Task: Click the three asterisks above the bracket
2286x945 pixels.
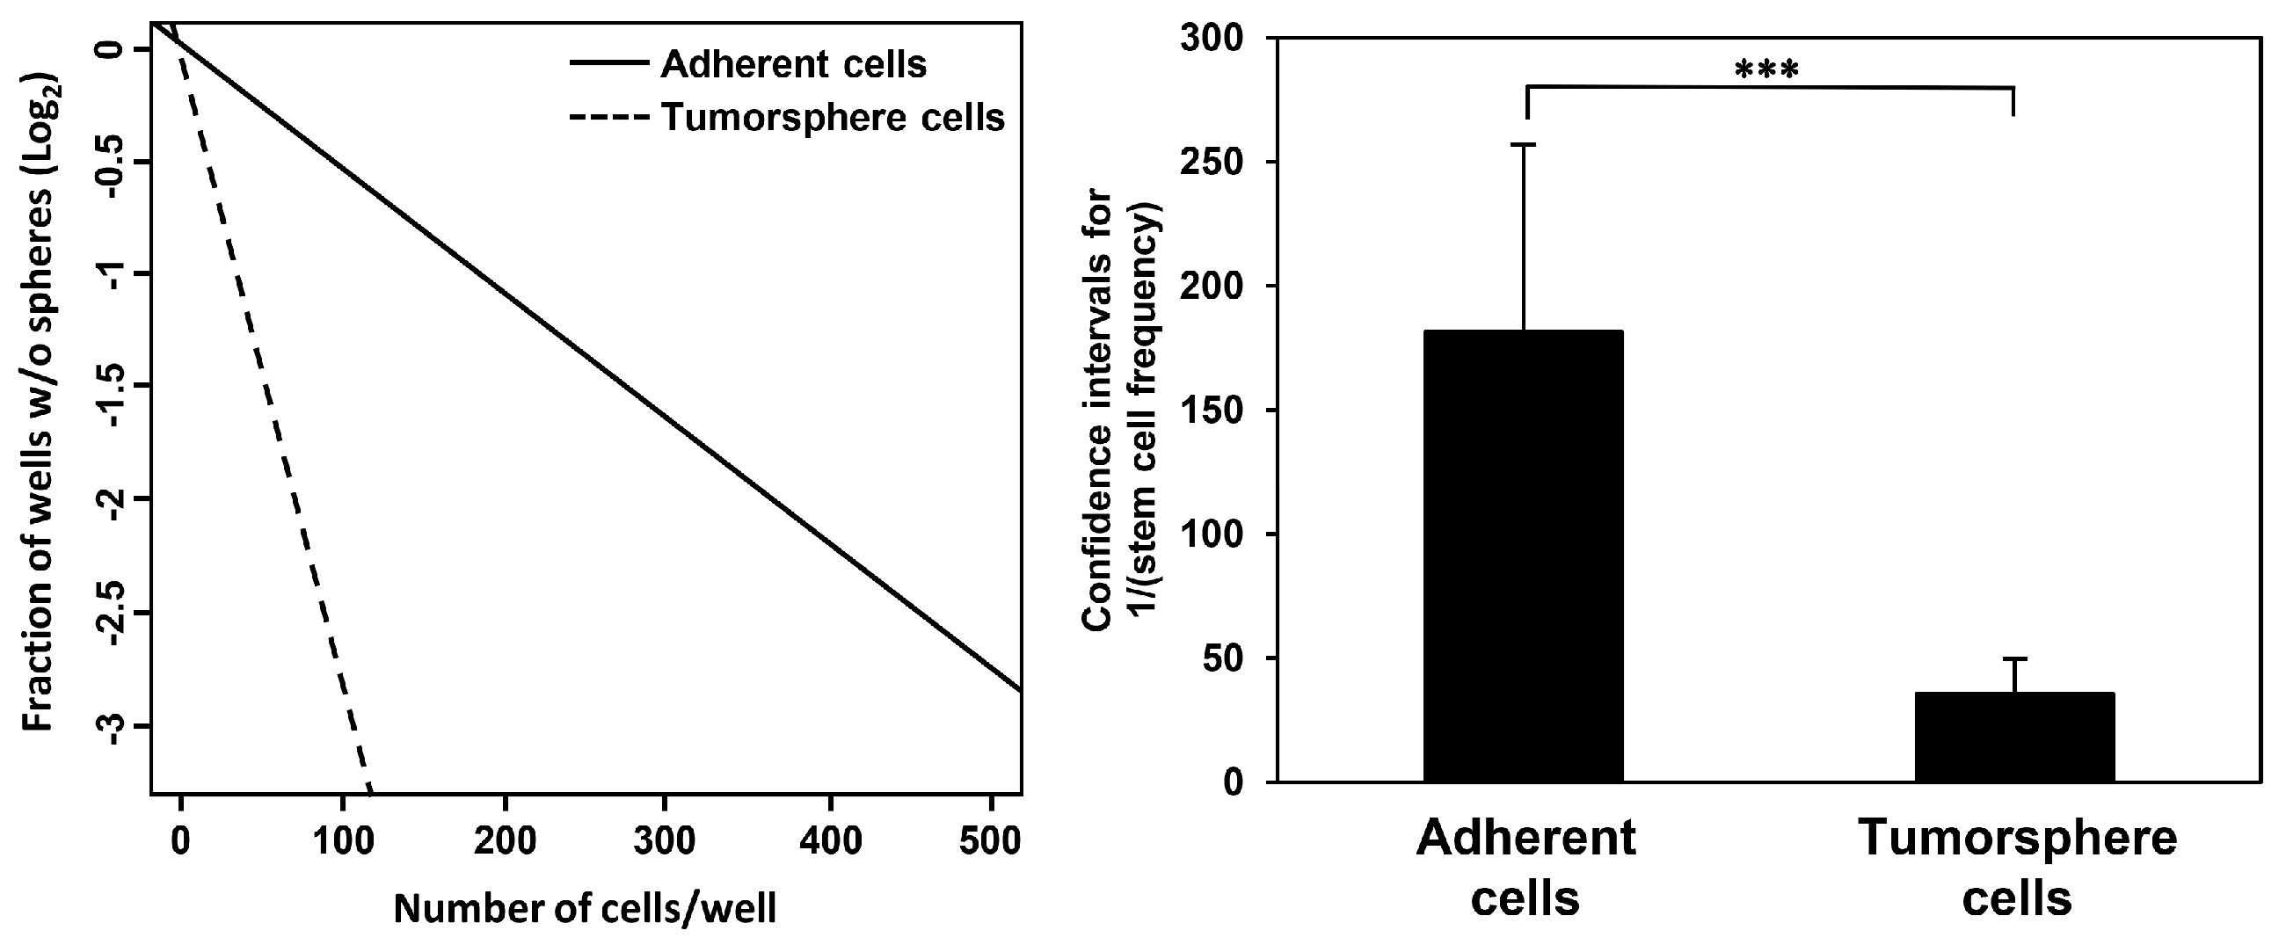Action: click(1766, 70)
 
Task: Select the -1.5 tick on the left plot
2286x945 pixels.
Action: click(114, 387)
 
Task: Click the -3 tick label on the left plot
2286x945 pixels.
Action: click(114, 727)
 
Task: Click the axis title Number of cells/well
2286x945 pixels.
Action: click(585, 908)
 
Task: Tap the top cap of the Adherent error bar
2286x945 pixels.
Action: click(1524, 145)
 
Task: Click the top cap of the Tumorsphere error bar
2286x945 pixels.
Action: click(2014, 658)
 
